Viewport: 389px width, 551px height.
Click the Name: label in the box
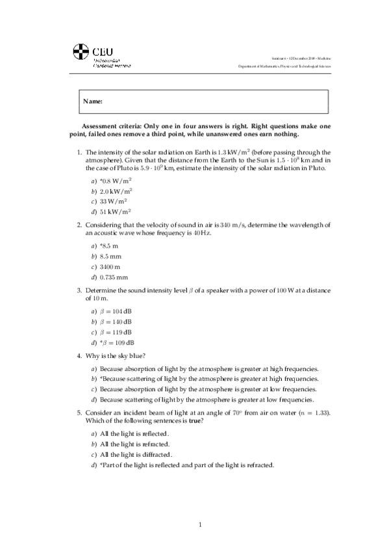tap(93, 101)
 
